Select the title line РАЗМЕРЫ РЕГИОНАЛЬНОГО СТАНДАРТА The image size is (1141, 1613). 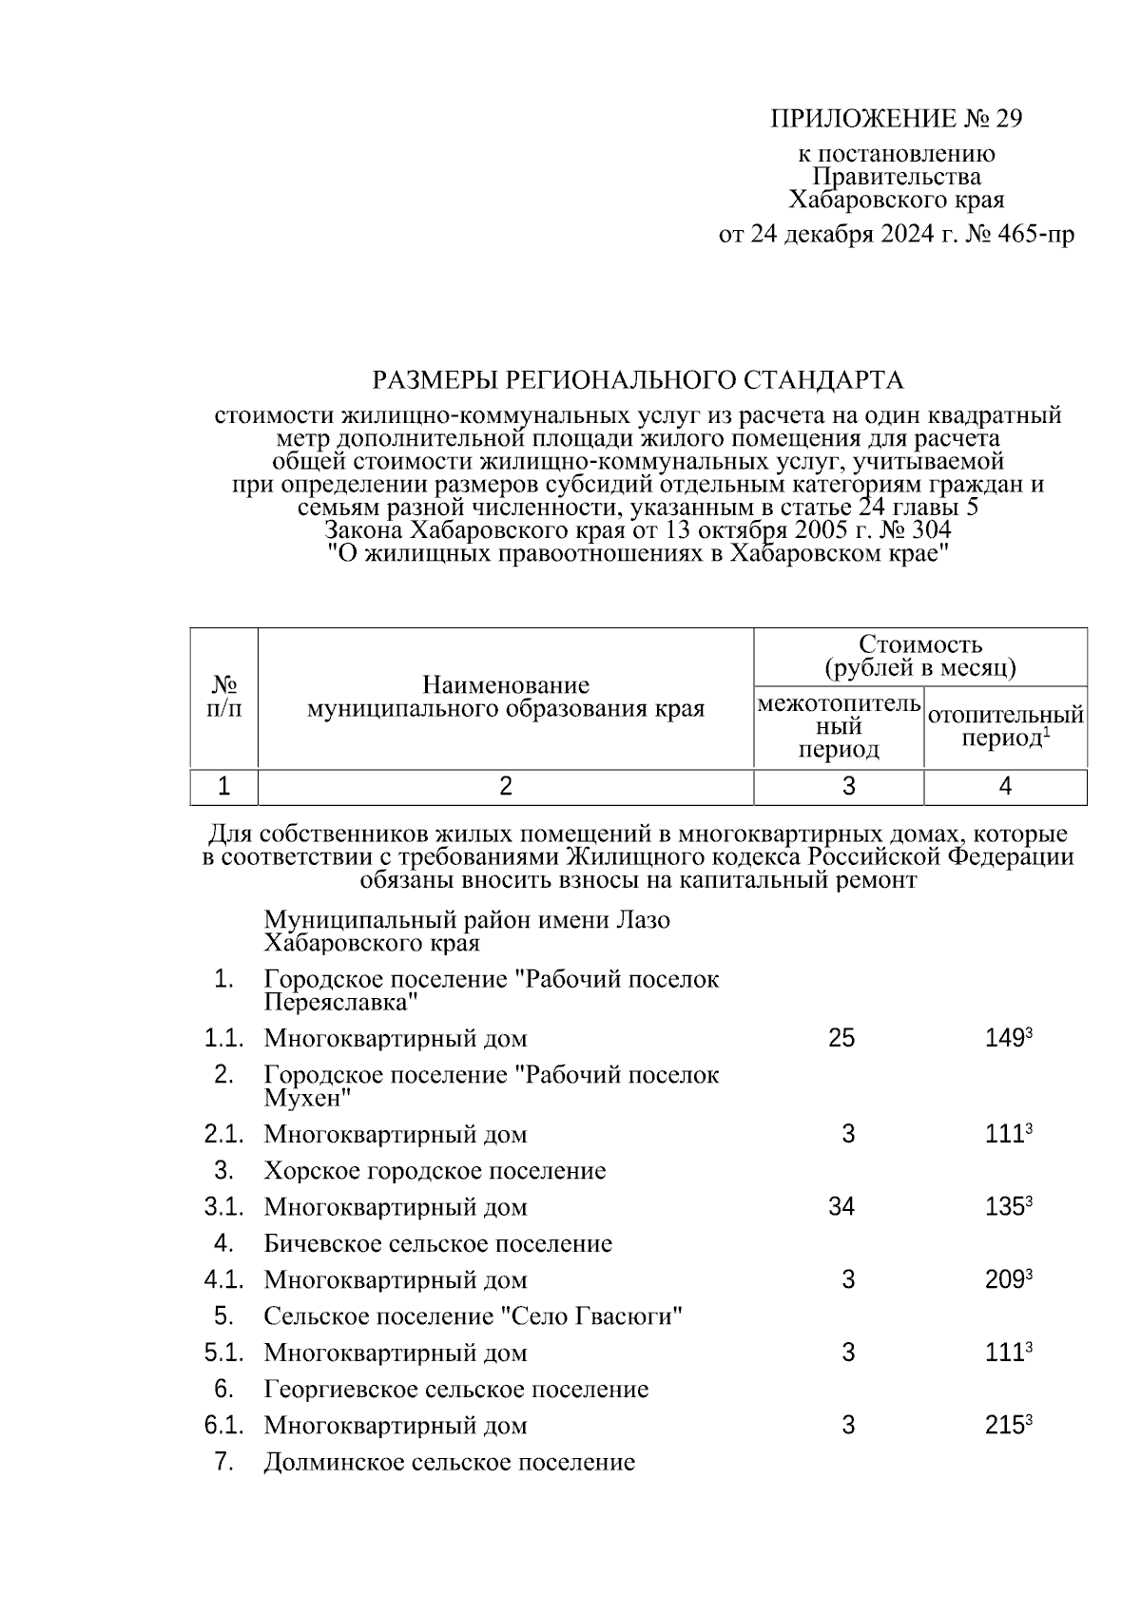tap(637, 381)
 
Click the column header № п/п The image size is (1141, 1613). tap(223, 697)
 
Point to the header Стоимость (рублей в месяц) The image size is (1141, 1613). tap(919, 656)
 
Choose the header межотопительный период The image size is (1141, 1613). tap(839, 727)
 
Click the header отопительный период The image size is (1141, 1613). tap(1005, 726)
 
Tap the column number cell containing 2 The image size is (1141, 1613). tap(506, 786)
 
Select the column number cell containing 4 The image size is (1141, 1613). tap(1005, 786)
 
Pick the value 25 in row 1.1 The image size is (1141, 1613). tap(841, 1038)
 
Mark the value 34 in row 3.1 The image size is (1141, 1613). tap(841, 1207)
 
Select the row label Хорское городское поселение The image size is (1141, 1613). tap(435, 1170)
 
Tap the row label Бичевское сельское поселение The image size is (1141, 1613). tap(437, 1243)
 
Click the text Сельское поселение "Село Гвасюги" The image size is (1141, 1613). tap(474, 1316)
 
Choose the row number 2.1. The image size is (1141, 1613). tap(224, 1134)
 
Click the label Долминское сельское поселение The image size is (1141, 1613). tap(449, 1462)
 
